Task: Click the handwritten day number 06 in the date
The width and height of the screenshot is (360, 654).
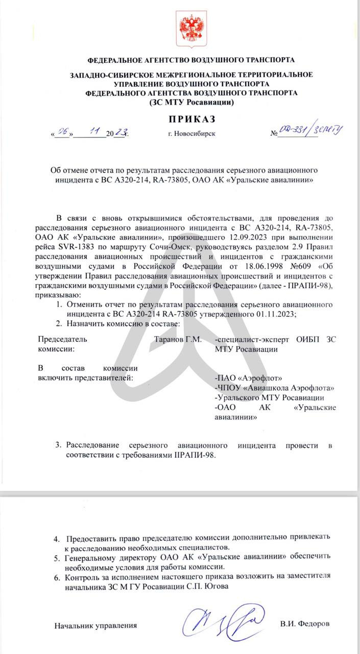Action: [63, 132]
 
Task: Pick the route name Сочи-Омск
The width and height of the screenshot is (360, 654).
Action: [165, 247]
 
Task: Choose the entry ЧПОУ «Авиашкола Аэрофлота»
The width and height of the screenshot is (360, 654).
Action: [272, 388]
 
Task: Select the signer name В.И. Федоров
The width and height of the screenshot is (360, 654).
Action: [305, 624]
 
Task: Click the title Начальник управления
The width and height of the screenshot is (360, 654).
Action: [96, 625]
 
